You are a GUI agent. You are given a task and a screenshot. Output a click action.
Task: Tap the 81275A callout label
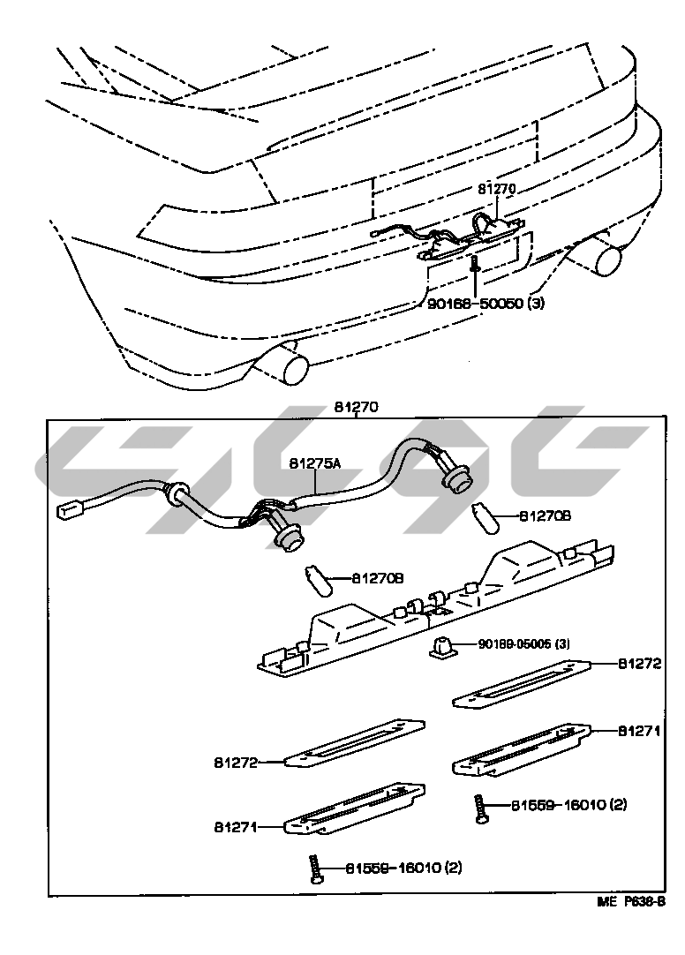click(x=314, y=462)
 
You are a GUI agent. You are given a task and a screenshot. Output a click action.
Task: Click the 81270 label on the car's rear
click(x=496, y=189)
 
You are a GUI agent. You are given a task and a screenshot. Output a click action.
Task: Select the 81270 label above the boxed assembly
click(x=356, y=408)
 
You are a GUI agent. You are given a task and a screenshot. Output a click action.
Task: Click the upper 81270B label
click(x=545, y=515)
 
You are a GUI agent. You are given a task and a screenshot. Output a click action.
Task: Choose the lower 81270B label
click(x=378, y=579)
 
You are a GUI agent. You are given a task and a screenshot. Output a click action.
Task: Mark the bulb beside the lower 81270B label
click(x=319, y=580)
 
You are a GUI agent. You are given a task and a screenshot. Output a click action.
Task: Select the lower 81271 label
click(x=235, y=827)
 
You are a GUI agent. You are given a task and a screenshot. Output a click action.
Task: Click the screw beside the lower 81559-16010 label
click(x=314, y=869)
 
